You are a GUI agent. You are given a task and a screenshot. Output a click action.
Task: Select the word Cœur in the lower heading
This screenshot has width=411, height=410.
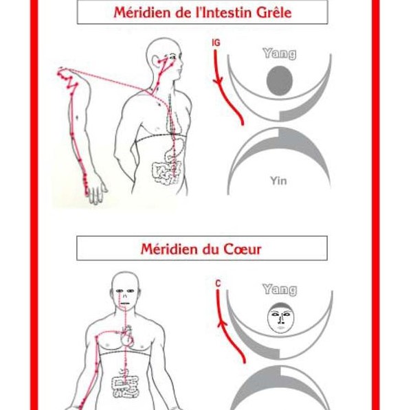(243, 249)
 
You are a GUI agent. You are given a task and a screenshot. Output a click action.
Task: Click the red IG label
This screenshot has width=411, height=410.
(216, 43)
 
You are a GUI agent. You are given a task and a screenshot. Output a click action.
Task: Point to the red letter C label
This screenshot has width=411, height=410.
(218, 283)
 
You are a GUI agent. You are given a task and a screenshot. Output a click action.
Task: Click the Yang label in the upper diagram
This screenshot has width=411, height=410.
(279, 54)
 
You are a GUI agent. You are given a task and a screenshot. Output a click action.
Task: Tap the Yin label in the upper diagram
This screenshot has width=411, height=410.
(278, 181)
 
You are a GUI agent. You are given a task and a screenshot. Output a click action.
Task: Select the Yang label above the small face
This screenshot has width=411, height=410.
(279, 290)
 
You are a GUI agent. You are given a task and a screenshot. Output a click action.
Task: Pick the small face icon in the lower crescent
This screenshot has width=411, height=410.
(279, 319)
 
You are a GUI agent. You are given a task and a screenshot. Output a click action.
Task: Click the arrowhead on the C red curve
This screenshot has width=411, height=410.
(220, 320)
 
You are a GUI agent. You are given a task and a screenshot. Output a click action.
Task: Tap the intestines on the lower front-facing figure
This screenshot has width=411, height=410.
(126, 385)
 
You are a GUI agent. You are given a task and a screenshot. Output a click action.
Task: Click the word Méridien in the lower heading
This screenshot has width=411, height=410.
(169, 249)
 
